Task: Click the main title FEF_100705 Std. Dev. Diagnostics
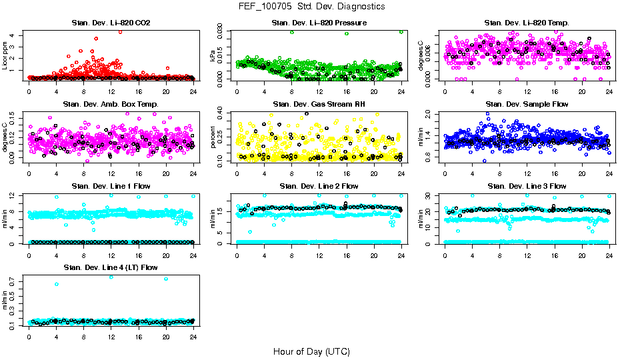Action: click(x=311, y=7)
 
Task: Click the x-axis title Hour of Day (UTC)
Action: click(x=311, y=351)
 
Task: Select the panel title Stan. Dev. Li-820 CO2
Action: click(x=111, y=23)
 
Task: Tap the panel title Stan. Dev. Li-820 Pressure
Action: click(x=319, y=23)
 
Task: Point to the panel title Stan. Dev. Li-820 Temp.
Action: click(x=527, y=23)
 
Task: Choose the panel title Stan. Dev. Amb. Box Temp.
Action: click(x=111, y=105)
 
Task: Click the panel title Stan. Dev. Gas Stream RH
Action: click(x=319, y=105)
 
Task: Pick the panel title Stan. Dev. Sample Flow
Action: click(x=527, y=105)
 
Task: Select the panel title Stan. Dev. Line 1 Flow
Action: click(x=111, y=186)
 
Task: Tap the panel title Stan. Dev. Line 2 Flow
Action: click(x=319, y=186)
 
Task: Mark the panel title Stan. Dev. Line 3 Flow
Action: click(x=527, y=186)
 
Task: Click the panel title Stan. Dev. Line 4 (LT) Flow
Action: click(x=111, y=267)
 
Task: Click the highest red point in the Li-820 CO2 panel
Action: click(x=120, y=31)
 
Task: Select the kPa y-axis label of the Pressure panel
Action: click(x=214, y=56)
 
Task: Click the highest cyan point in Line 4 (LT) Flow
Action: click(x=111, y=277)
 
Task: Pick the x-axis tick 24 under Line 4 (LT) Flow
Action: click(x=193, y=336)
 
